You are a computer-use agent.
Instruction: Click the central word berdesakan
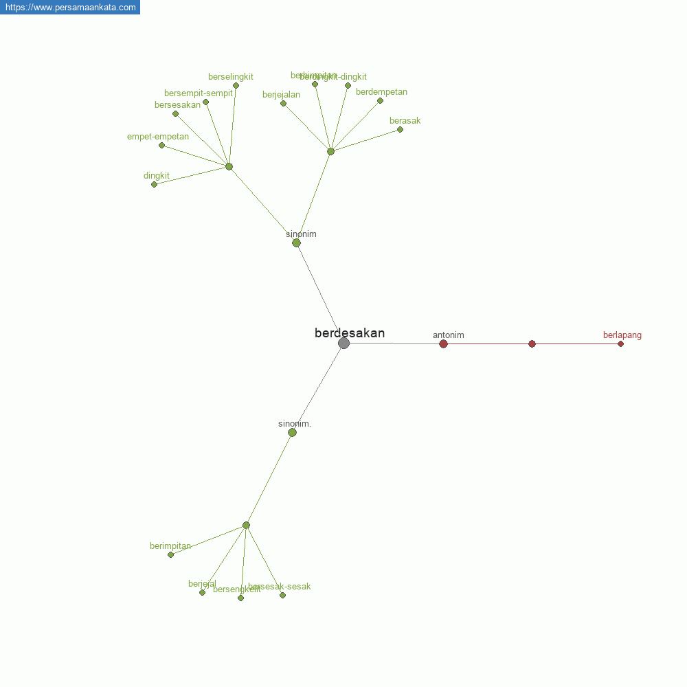350,333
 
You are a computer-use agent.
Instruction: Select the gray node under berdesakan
343,343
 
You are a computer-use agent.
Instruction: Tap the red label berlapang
622,335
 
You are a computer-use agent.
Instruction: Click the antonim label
449,335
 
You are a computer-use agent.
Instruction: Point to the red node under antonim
443,343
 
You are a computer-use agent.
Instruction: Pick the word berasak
405,121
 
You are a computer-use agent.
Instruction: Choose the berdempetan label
381,92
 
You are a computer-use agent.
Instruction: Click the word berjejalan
281,95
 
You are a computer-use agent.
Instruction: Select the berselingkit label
231,77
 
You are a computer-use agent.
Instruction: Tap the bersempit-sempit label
199,93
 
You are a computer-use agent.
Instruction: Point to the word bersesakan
177,105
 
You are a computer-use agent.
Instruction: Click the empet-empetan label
158,137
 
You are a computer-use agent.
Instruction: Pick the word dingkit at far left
157,176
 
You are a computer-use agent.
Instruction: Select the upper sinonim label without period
301,234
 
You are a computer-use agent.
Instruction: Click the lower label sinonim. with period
295,424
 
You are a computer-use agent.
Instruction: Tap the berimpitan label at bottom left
170,546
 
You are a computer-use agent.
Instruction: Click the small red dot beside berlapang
620,343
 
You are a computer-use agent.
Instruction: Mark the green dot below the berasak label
400,129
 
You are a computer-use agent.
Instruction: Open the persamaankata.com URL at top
70,7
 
